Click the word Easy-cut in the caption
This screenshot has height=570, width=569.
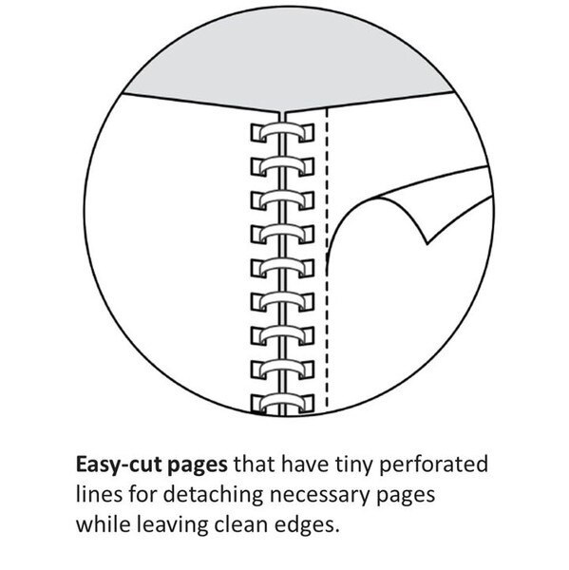point(119,465)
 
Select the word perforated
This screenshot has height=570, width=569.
point(433,465)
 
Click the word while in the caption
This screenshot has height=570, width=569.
point(104,524)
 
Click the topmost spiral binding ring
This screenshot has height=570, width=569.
point(282,132)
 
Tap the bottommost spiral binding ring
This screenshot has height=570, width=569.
point(282,404)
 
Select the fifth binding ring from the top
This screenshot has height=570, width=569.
point(282,267)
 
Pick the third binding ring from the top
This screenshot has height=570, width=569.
point(282,199)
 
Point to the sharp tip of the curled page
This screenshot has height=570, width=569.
point(427,243)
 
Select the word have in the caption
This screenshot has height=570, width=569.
point(305,465)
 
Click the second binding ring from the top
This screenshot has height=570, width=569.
point(282,165)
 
